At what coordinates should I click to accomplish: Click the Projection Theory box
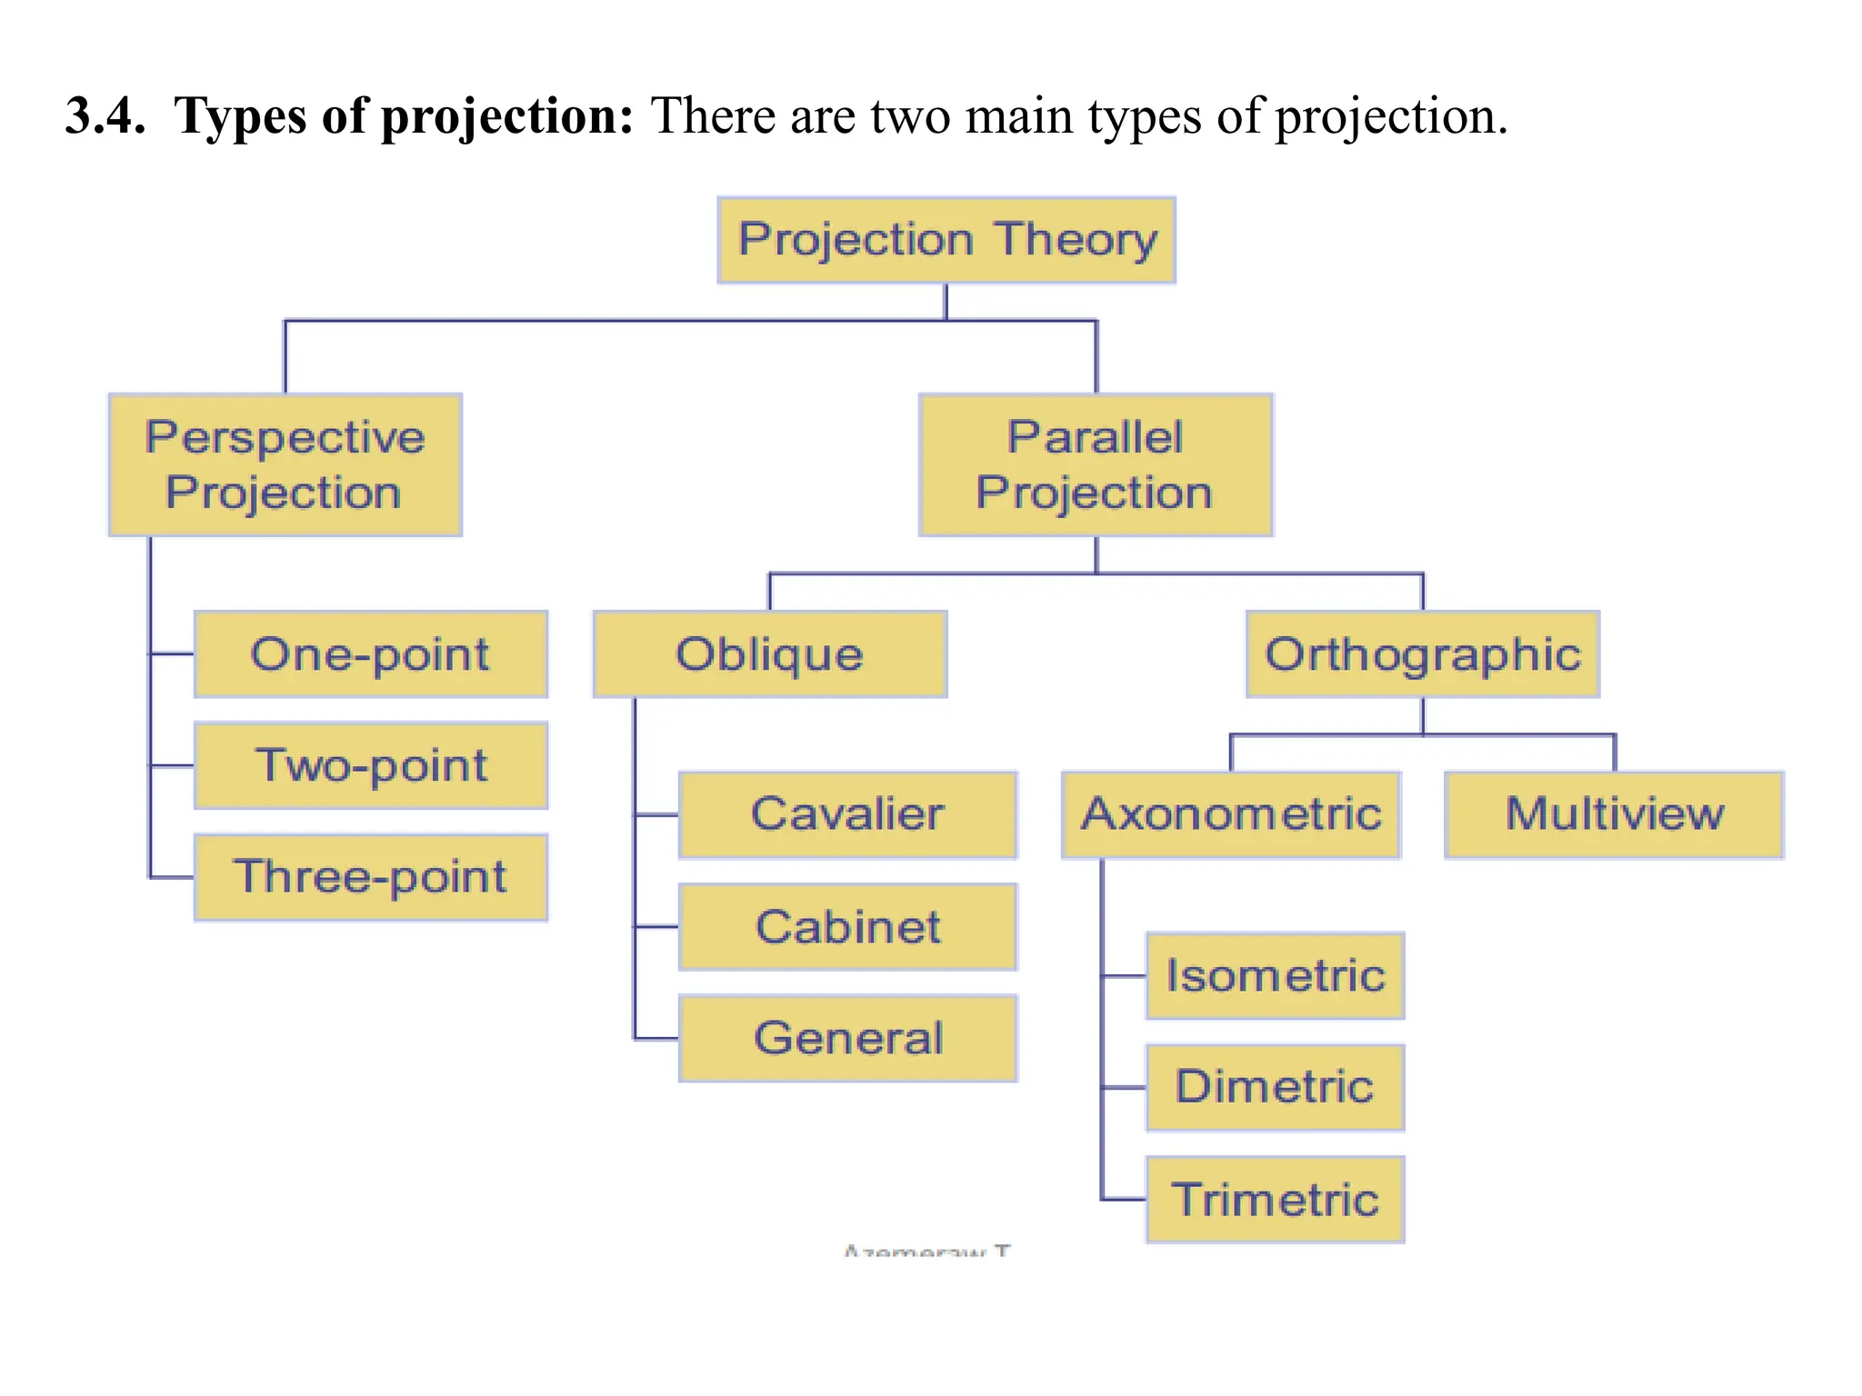946,240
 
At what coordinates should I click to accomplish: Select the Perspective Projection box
285,464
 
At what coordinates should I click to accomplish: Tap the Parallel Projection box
1096,464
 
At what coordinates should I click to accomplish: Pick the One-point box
371,654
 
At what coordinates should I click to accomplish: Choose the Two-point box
371,765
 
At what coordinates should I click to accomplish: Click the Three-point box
371,877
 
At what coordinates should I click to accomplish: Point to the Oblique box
770,654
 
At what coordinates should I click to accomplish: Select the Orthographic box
1423,654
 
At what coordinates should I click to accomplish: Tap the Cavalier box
847,814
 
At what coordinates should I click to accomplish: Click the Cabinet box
847,927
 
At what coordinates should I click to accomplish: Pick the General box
847,1038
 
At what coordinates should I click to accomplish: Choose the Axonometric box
1231,814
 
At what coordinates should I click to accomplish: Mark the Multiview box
1615,814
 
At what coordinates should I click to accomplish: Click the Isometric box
1276,976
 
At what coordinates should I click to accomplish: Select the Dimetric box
1276,1087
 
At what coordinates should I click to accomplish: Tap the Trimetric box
1276,1200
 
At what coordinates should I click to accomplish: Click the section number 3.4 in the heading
105,116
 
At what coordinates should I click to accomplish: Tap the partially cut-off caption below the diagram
926,1251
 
